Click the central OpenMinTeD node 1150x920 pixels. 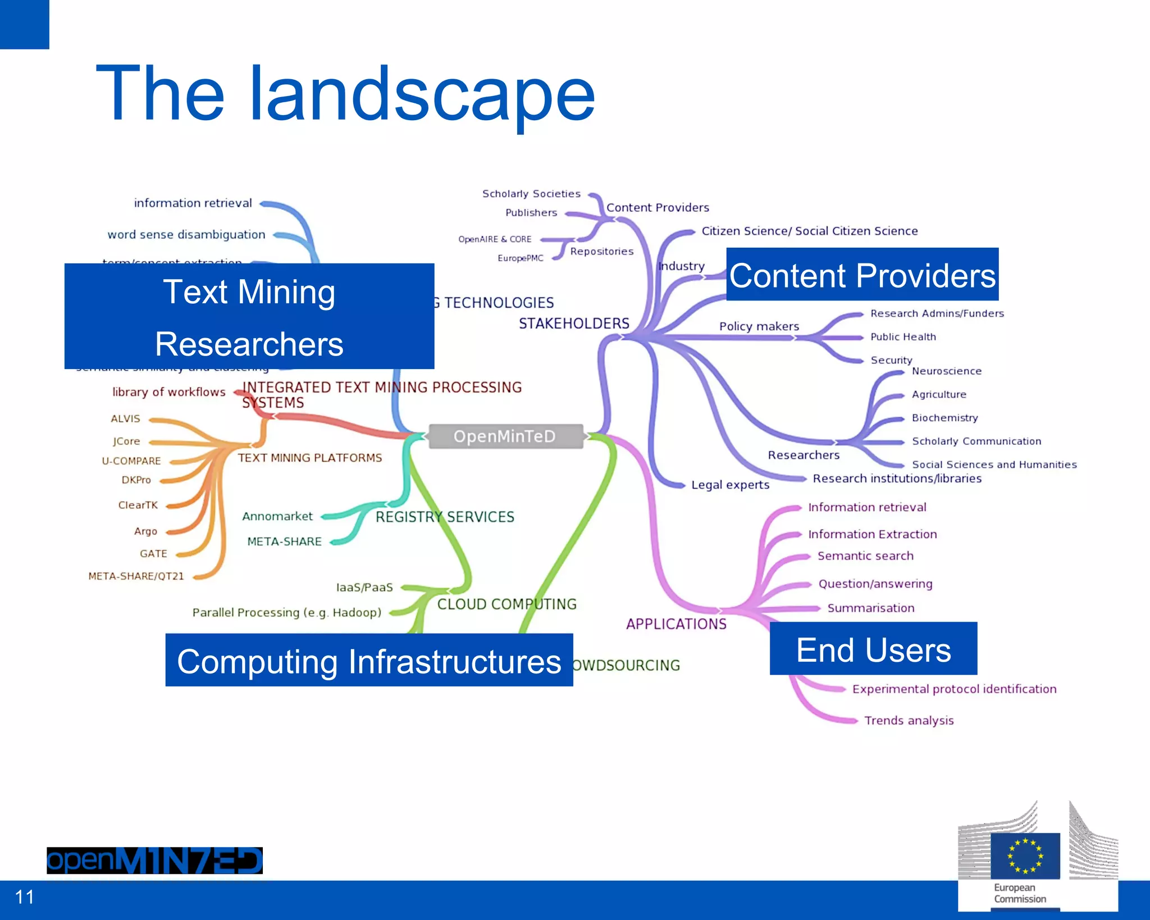[505, 436]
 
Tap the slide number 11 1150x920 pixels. [25, 897]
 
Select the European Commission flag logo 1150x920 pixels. [1025, 856]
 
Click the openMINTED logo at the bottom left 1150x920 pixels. [154, 860]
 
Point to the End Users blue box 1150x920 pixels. [873, 649]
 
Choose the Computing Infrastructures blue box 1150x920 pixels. [369, 661]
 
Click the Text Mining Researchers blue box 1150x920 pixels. [249, 317]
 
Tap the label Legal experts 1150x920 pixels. [730, 485]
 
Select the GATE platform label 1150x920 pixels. [153, 554]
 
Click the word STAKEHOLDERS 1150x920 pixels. [574, 324]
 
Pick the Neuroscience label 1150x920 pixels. [947, 371]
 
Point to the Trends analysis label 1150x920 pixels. [909, 721]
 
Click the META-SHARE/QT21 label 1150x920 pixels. [136, 576]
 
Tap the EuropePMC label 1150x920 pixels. [520, 258]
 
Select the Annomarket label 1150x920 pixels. [277, 516]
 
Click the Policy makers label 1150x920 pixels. [759, 326]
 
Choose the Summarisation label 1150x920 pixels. [870, 608]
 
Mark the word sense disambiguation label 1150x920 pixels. [186, 235]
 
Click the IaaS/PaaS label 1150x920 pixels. [364, 587]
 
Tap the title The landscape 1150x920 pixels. [345, 94]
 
